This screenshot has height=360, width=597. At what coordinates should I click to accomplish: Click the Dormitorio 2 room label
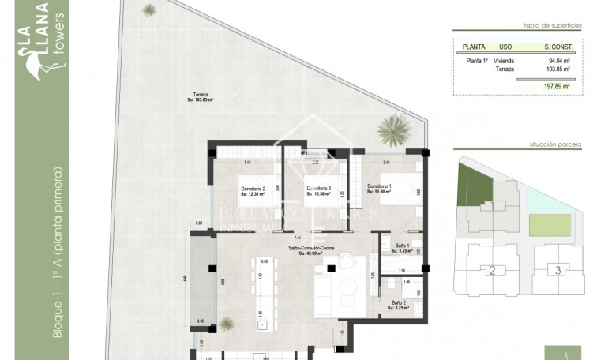click(252, 190)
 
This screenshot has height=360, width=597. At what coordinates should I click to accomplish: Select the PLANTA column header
click(474, 45)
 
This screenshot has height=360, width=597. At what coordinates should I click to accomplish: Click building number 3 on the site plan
click(558, 271)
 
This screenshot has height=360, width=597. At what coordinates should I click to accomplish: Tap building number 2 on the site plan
click(491, 271)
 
